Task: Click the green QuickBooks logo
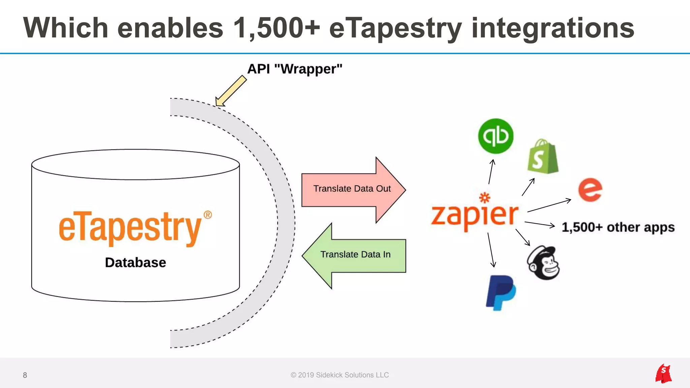[496, 136]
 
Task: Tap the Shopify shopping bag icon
[542, 157]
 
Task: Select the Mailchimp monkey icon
[543, 263]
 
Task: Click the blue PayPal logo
[501, 292]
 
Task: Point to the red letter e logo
[590, 190]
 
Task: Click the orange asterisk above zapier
[485, 197]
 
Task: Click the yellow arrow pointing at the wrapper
[231, 91]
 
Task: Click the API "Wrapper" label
[295, 69]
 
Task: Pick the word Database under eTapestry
[135, 263]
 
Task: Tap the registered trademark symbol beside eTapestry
[208, 215]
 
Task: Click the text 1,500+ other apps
[618, 227]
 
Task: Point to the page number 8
[25, 375]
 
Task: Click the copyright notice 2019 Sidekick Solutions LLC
[340, 375]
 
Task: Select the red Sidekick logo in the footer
[663, 374]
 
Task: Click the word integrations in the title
[553, 28]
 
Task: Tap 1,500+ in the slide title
[276, 28]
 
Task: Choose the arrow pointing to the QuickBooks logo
[491, 172]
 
